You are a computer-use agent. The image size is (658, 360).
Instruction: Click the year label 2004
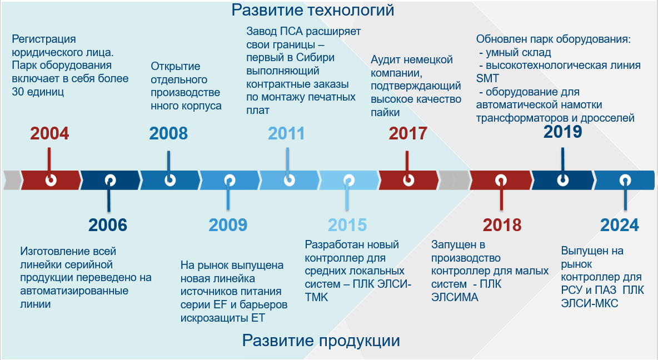click(49, 134)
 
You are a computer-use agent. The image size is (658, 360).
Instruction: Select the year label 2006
click(107, 226)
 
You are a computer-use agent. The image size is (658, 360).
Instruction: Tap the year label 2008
click(169, 134)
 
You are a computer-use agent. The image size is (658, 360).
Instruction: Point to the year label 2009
click(228, 226)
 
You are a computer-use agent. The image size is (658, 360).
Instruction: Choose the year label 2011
click(286, 134)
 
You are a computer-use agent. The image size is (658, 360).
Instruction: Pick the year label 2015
click(347, 226)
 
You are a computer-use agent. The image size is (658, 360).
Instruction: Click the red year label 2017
click(408, 134)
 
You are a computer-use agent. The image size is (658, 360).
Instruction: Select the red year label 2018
click(502, 226)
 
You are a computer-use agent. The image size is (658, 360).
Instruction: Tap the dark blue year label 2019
click(563, 132)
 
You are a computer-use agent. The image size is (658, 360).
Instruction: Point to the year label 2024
click(620, 226)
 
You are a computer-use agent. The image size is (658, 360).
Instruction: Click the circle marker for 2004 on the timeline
click(51, 181)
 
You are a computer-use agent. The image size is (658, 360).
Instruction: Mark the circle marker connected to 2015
click(348, 181)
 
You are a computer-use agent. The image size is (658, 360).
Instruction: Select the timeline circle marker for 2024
click(625, 181)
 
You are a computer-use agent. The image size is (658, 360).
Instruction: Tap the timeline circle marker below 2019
click(563, 181)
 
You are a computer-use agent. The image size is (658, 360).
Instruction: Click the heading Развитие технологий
click(313, 10)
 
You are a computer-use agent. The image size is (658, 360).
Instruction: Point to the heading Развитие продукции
click(321, 341)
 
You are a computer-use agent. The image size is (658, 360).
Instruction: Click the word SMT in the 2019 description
click(487, 78)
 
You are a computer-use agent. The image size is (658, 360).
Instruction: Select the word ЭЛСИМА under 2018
click(455, 297)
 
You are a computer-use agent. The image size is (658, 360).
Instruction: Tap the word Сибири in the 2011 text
click(315, 57)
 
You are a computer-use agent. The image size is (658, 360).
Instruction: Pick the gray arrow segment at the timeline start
click(12, 181)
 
